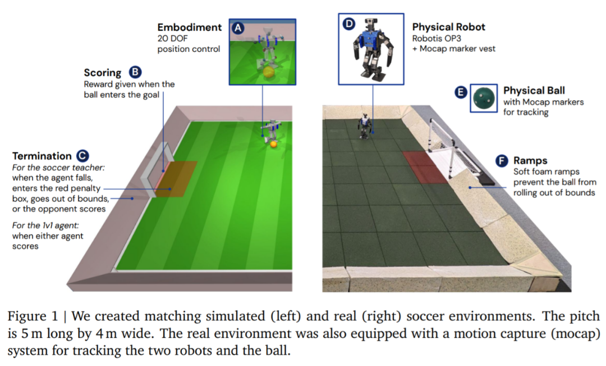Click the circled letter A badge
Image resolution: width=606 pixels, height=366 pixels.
coord(238,28)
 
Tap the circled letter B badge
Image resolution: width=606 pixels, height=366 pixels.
coord(135,72)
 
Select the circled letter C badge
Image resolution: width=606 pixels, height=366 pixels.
coord(82,156)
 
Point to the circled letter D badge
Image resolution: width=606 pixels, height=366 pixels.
coord(349,24)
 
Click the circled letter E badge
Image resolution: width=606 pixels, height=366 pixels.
coord(461,92)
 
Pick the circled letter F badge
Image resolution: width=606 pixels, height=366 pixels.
coord(502,160)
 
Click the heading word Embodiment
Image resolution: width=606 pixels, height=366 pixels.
coord(190,28)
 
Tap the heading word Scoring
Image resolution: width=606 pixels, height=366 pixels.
coord(103,73)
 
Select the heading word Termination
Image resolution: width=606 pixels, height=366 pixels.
coord(42,156)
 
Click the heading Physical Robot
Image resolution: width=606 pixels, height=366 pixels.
coord(448,27)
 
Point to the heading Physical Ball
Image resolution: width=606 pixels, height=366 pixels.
coord(534,91)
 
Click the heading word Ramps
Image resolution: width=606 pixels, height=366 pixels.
coord(530,161)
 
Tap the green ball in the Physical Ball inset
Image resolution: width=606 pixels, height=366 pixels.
coord(484,98)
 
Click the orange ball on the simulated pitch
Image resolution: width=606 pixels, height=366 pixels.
coord(274,144)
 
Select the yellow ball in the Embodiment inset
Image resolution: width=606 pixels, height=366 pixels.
coord(269,73)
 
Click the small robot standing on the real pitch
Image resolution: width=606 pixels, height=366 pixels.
coord(365,126)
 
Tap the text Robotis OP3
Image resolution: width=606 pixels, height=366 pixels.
coord(437,38)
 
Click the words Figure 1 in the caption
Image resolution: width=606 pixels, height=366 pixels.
coord(33,316)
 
